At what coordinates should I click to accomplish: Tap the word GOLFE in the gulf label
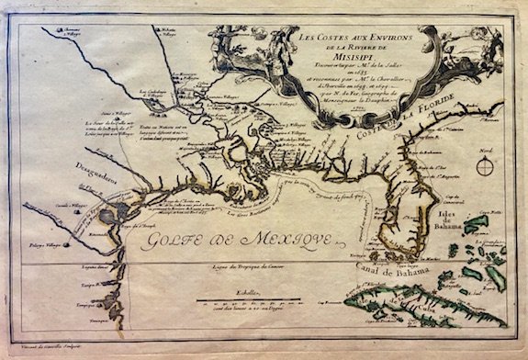point(180,243)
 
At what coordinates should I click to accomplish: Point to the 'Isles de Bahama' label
point(454,219)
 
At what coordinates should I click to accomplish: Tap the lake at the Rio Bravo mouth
point(108,216)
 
